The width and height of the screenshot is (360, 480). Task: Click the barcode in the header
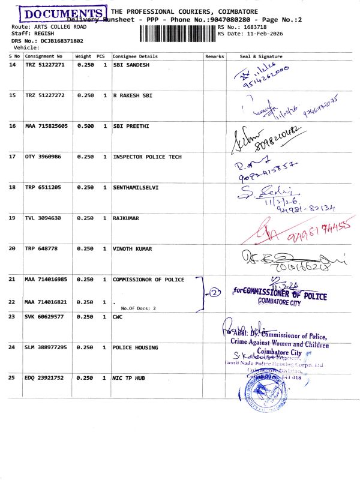176,31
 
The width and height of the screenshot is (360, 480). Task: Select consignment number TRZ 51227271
44,64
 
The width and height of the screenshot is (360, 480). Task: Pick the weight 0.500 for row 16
85,126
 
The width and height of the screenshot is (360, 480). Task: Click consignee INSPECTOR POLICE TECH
147,157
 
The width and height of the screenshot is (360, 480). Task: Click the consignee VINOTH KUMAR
132,248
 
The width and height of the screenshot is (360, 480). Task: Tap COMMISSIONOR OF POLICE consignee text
148,279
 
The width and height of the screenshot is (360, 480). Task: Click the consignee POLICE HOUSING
135,347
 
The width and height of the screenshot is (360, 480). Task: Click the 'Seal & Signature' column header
261,56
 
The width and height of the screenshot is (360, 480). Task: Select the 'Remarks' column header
214,56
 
